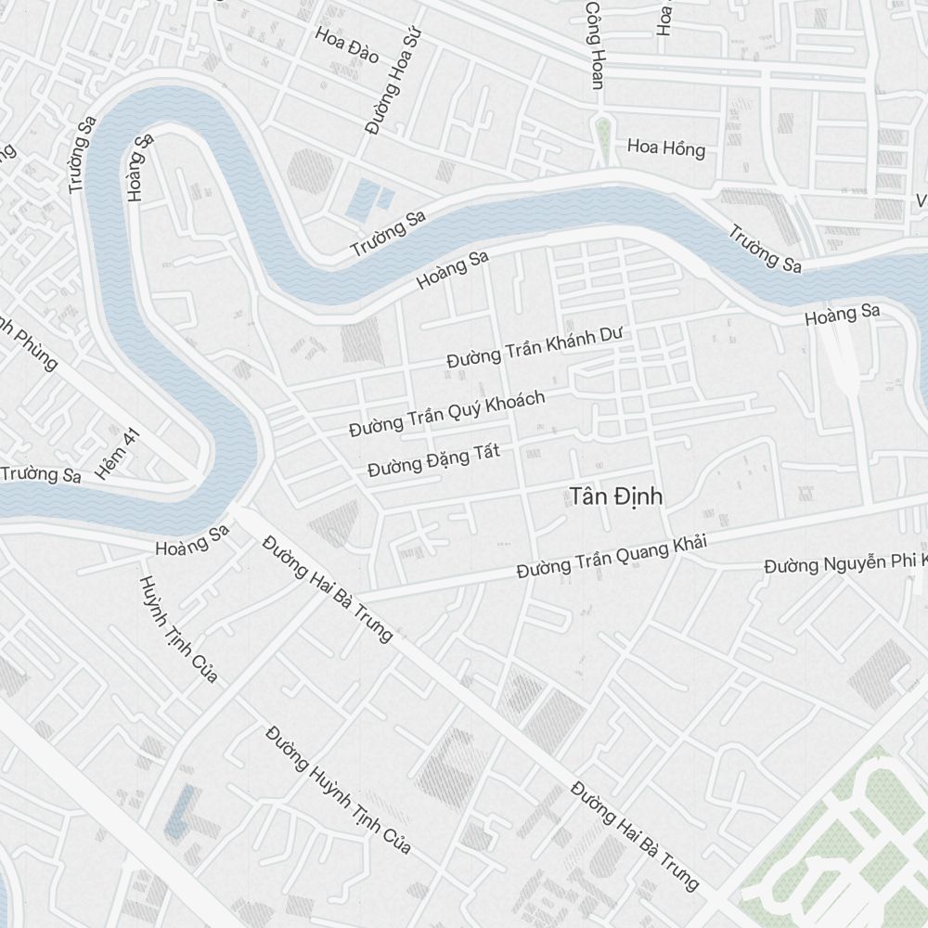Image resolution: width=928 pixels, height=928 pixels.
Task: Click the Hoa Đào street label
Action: click(347, 45)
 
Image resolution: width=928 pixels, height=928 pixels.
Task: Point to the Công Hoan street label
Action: click(593, 45)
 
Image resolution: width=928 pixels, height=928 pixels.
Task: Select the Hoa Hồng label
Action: click(665, 148)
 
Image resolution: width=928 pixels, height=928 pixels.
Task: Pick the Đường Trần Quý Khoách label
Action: click(446, 413)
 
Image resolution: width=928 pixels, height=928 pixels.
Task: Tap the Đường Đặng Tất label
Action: click(433, 460)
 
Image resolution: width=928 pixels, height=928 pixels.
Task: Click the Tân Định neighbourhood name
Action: click(616, 496)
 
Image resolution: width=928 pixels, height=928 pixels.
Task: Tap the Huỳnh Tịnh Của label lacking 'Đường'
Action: click(178, 629)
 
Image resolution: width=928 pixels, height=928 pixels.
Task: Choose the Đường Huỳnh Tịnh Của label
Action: click(338, 790)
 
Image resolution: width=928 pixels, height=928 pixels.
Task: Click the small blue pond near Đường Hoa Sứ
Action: click(370, 198)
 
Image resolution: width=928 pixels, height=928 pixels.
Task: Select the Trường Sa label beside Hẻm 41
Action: click(41, 473)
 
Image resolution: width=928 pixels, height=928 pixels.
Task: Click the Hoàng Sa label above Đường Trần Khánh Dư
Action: click(453, 269)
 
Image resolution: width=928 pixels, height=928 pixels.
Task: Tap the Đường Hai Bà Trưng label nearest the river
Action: click(327, 588)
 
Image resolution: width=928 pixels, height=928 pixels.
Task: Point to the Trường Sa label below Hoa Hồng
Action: click(764, 249)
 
